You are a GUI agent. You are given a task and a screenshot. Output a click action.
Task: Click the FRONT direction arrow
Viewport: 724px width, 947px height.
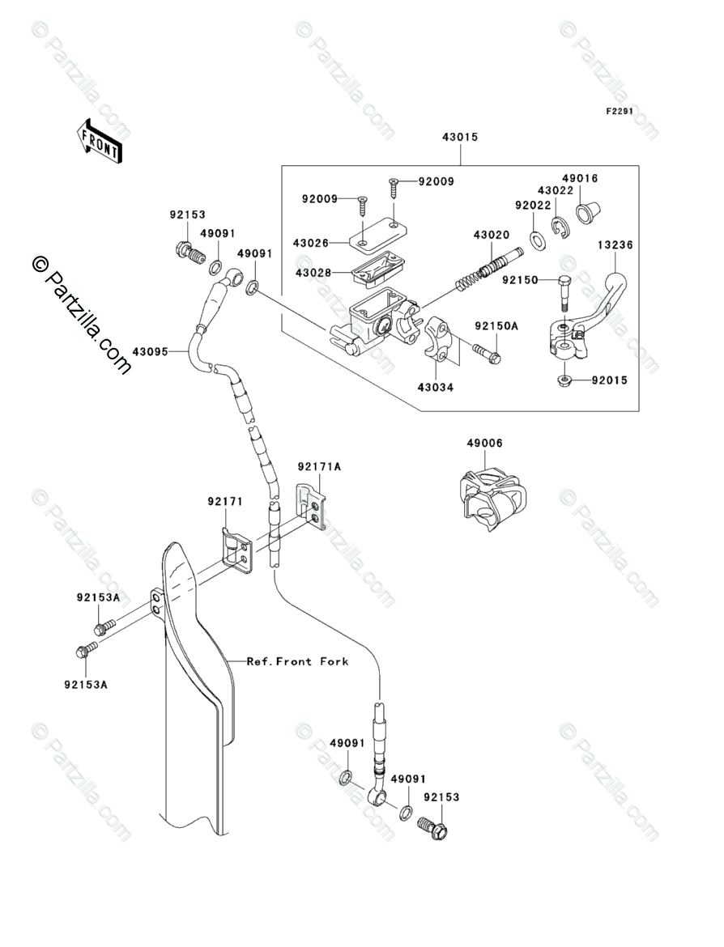coord(100,140)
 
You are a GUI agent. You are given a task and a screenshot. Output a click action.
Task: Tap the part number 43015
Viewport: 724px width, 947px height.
coord(460,137)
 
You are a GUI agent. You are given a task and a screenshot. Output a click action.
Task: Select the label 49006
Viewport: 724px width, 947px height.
coord(484,444)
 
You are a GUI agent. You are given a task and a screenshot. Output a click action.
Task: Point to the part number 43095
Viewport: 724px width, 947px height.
coord(151,351)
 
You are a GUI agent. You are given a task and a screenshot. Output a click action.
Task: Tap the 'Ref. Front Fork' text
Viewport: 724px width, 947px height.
coord(297,661)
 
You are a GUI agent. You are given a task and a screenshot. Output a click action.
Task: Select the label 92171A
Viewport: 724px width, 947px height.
coord(319,466)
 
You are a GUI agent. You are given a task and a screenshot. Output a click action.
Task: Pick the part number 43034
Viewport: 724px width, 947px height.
coord(435,387)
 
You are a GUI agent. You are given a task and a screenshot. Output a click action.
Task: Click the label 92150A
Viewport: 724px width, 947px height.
coord(496,326)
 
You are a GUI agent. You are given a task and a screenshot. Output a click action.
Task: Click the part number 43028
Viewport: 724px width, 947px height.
coord(313,273)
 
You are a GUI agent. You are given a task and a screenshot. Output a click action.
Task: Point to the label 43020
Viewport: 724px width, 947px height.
coord(492,235)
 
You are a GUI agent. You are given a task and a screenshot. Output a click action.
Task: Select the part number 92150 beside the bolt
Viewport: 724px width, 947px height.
coord(520,280)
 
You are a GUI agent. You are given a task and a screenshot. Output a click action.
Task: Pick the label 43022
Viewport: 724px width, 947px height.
coord(556,191)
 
